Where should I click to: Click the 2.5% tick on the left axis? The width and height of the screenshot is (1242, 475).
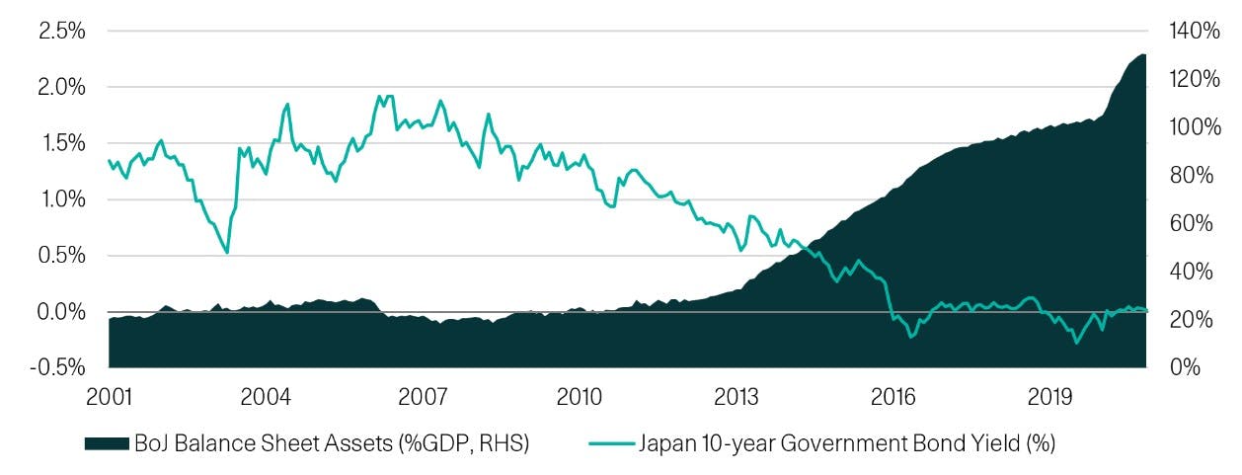click(60, 31)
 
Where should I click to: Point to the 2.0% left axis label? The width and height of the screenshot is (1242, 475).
click(60, 87)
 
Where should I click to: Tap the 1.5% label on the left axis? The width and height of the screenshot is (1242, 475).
click(60, 143)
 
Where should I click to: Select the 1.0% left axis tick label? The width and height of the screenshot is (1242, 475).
click(60, 199)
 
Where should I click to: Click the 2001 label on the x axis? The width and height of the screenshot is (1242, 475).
click(109, 397)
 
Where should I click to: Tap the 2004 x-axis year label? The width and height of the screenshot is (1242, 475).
click(266, 397)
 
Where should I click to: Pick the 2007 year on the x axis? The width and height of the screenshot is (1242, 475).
click(423, 397)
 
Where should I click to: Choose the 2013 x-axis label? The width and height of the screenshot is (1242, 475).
click(737, 397)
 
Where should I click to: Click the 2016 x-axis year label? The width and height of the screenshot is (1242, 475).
click(893, 397)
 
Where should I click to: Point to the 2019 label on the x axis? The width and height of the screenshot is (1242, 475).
click(1050, 397)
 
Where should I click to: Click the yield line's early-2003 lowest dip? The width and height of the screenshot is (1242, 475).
click(228, 253)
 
